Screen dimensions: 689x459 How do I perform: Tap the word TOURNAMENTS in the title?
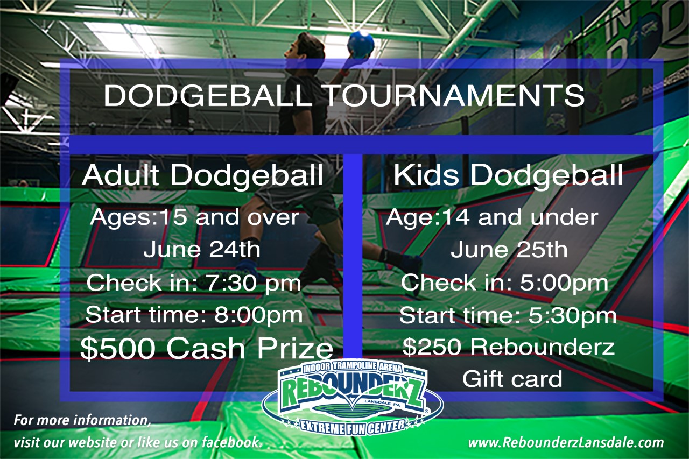pyautogui.click(x=454, y=96)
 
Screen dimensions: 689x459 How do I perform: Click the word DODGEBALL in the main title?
pyautogui.click(x=208, y=96)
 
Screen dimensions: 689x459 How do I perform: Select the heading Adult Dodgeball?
pyautogui.click(x=202, y=175)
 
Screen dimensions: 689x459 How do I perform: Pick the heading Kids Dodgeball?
pyautogui.click(x=508, y=175)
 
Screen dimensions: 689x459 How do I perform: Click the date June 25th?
pyautogui.click(x=509, y=249)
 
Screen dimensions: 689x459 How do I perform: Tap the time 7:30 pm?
pyautogui.click(x=254, y=283)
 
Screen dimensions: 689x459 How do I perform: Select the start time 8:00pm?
pyautogui.click(x=258, y=315)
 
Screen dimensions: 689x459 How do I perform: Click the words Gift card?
pyautogui.click(x=512, y=379)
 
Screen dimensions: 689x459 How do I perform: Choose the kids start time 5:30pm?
pyautogui.click(x=572, y=315)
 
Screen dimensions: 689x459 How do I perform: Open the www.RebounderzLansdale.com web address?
pyautogui.click(x=565, y=443)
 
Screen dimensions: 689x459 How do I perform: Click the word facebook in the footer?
pyautogui.click(x=231, y=442)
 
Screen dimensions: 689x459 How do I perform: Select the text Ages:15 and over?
pyautogui.click(x=194, y=217)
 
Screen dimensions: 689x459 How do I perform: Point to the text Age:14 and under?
pyautogui.click(x=492, y=217)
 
